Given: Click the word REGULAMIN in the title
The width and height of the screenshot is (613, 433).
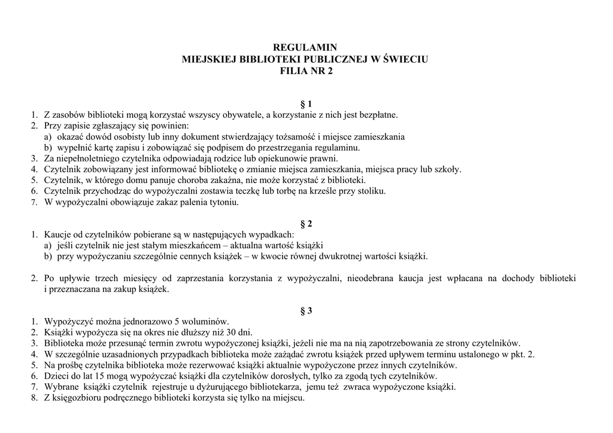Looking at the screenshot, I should pos(306,47).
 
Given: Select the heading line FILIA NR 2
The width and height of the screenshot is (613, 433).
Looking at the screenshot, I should pos(306,71).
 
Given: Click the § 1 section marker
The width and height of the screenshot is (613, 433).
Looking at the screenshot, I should pos(306,104).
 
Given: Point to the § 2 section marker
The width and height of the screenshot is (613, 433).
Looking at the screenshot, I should pos(306,224).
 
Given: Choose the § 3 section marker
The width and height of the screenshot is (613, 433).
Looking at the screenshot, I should pos(306,310).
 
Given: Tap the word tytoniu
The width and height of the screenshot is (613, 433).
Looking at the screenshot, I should pos(221,202).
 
